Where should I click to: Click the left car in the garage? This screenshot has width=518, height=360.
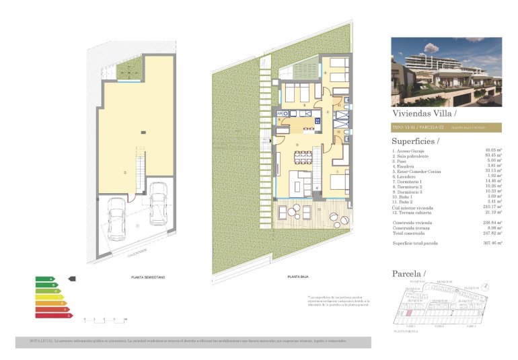pos(116,222)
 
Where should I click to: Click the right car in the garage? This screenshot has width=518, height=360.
pos(159,204)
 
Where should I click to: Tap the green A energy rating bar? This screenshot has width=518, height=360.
pos(45,278)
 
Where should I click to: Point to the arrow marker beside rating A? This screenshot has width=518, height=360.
pos(73,278)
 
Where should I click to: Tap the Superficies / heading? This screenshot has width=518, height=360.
pos(415,141)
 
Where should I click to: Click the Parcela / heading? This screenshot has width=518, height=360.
pos(409,274)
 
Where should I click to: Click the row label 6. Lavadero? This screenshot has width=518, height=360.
pos(406,175)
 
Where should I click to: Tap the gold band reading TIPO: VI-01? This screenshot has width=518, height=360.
pos(446,127)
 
